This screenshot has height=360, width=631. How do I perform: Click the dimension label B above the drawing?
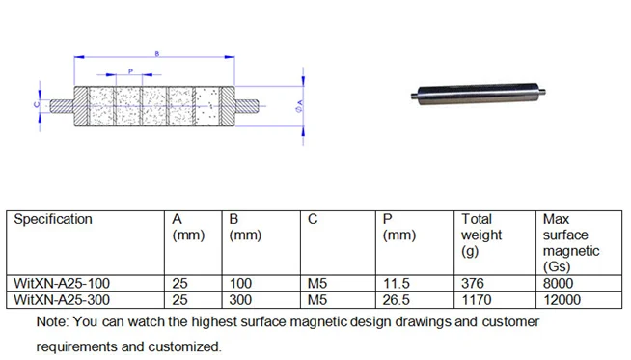point(157,53)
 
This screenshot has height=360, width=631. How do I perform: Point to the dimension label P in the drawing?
point(130,71)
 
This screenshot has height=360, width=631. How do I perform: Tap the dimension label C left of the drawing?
point(37,104)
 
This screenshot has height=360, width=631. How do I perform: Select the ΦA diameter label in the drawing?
point(299,106)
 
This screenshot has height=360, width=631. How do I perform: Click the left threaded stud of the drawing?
point(62,106)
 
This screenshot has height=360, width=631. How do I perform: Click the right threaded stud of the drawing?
point(247,106)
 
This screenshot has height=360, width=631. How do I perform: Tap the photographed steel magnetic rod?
point(479,94)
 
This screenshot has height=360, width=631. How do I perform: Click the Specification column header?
point(53,219)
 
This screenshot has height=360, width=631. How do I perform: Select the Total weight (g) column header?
point(481,235)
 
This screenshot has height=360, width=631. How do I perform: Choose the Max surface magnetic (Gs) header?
point(571,243)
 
